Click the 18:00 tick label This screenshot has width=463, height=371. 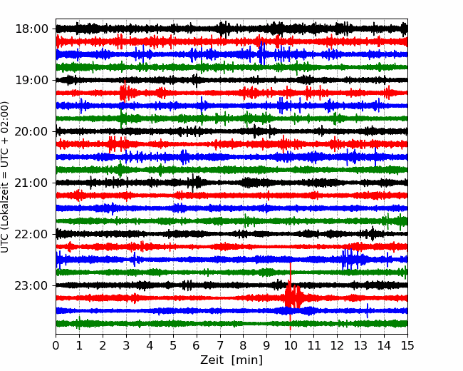point(31,29)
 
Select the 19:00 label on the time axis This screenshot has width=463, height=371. point(31,80)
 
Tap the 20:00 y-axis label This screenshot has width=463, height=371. point(31,131)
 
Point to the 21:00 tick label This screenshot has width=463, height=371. point(31,183)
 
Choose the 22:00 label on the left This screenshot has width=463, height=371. point(31,234)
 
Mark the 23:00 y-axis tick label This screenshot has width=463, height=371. point(31,285)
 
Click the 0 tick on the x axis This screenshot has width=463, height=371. point(56,345)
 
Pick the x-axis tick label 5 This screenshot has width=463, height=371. point(173,345)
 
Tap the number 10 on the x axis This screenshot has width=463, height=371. point(290,345)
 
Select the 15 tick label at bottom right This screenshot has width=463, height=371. point(407,345)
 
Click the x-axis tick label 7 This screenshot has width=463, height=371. point(220,345)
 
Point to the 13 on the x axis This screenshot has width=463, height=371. point(360,345)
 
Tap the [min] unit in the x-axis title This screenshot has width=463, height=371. point(247,360)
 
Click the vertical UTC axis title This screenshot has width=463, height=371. point(5,177)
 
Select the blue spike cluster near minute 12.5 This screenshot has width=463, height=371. point(350,260)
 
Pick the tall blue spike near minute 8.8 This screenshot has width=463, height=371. point(262,54)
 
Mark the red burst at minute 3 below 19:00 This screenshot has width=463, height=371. point(124,92)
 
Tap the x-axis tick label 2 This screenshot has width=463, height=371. point(103,345)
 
